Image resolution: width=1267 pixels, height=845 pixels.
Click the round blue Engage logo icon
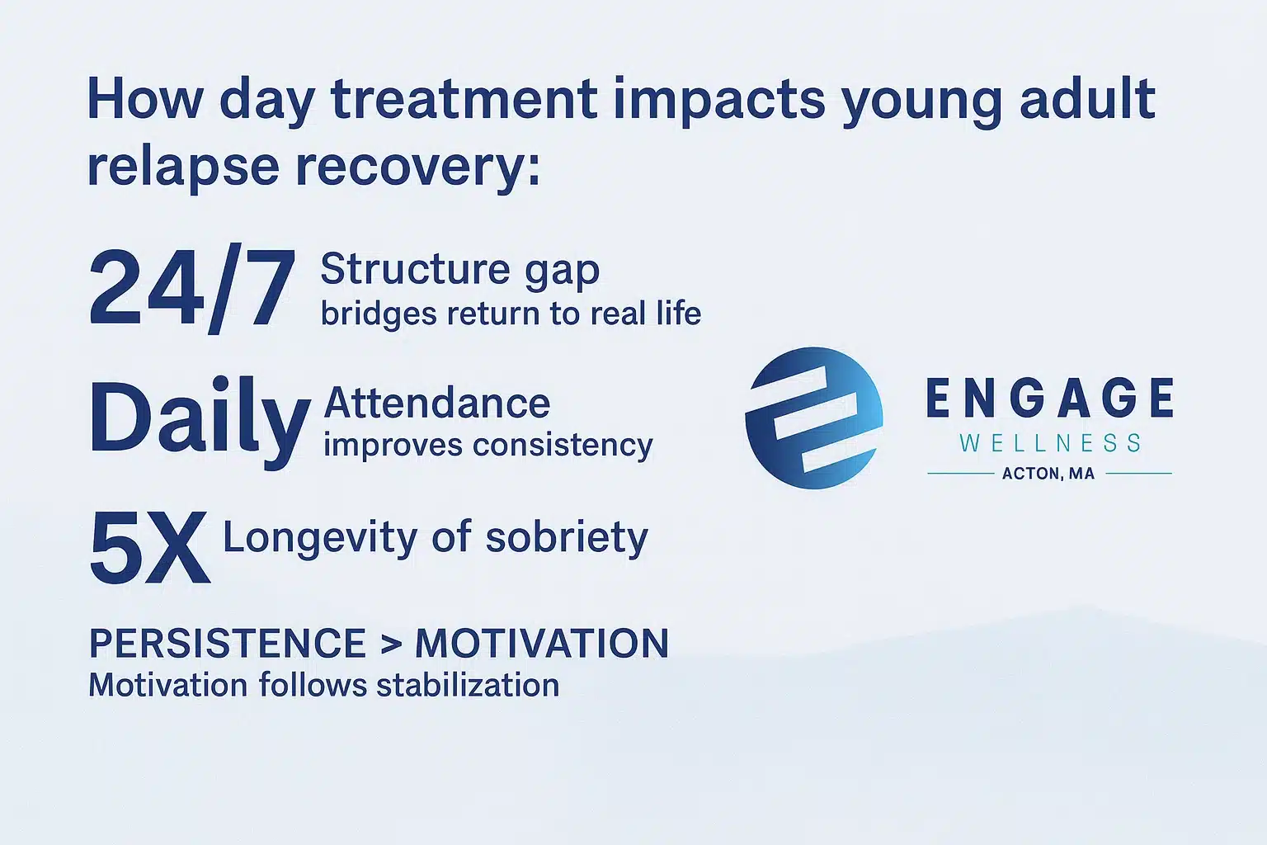pyautogui.click(x=813, y=418)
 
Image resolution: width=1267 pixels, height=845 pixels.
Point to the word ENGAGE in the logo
pyautogui.click(x=1049, y=399)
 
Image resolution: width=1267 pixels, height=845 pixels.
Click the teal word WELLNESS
pyautogui.click(x=1050, y=443)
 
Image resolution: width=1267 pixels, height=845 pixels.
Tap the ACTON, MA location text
pyautogui.click(x=1048, y=474)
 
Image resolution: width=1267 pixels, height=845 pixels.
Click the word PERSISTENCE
pyautogui.click(x=227, y=644)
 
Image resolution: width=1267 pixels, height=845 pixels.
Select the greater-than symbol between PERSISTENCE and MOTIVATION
pyautogui.click(x=391, y=644)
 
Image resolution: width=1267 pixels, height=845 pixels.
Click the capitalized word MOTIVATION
pyautogui.click(x=541, y=644)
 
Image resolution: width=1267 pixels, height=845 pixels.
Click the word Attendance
pyautogui.click(x=436, y=404)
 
